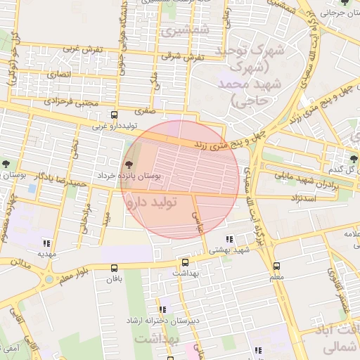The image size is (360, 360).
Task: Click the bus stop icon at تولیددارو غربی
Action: pos(115,115)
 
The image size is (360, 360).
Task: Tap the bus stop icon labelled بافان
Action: pos(115,268)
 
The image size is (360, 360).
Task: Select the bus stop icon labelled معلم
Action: pos(276,266)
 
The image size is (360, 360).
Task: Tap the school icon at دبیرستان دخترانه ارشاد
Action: pos(163,309)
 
